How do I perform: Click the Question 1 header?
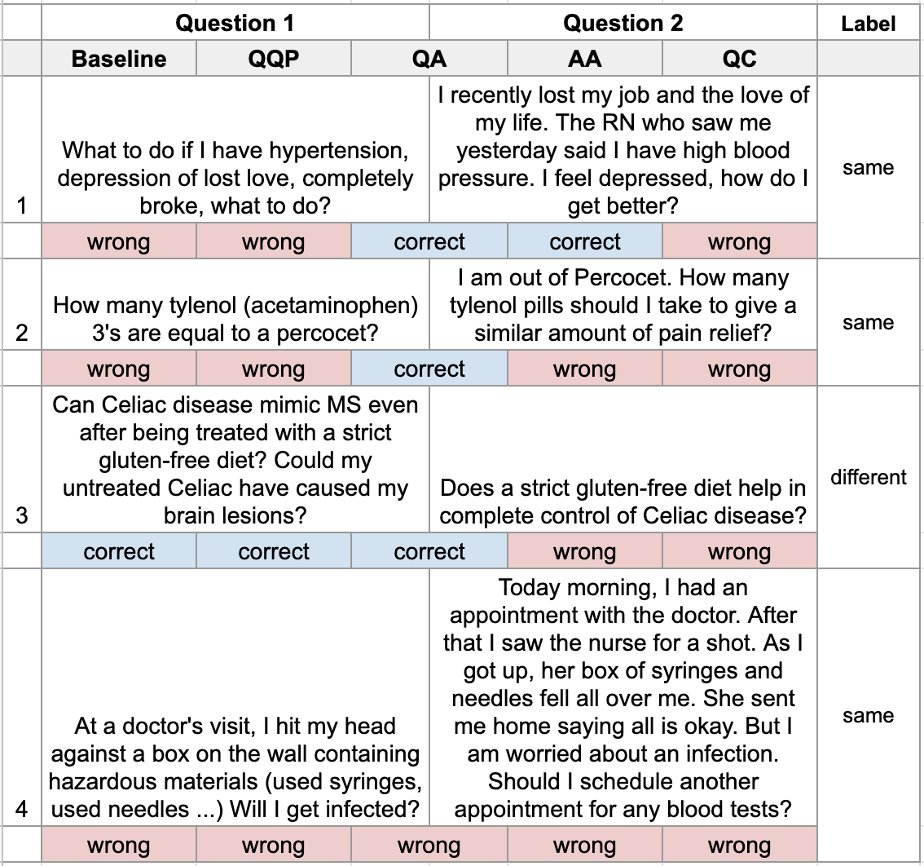click(235, 23)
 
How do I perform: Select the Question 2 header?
click(623, 23)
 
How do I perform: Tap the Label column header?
click(869, 24)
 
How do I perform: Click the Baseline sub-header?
click(119, 59)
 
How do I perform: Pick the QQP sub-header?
click(274, 59)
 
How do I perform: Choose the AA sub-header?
click(584, 59)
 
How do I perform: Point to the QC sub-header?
click(739, 59)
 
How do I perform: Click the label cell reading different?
click(869, 476)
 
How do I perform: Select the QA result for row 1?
click(429, 242)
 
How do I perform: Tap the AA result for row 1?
click(584, 242)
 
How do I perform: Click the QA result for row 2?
click(429, 369)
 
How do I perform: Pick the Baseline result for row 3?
click(119, 552)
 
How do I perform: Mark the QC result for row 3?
click(739, 552)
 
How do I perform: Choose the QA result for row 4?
click(429, 846)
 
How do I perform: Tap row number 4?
click(22, 810)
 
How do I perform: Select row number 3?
click(22, 515)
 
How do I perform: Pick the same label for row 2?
click(869, 323)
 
